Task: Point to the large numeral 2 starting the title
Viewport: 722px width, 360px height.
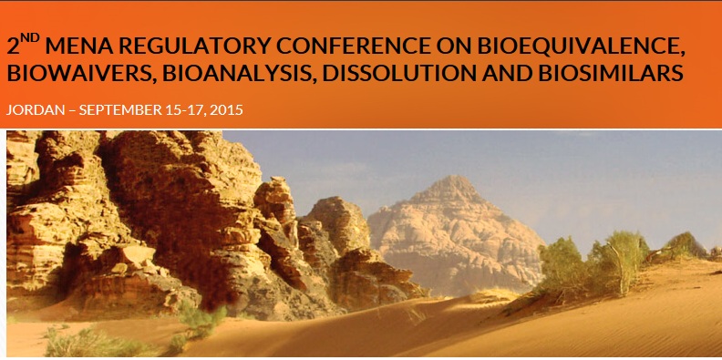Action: [x=13, y=46]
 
